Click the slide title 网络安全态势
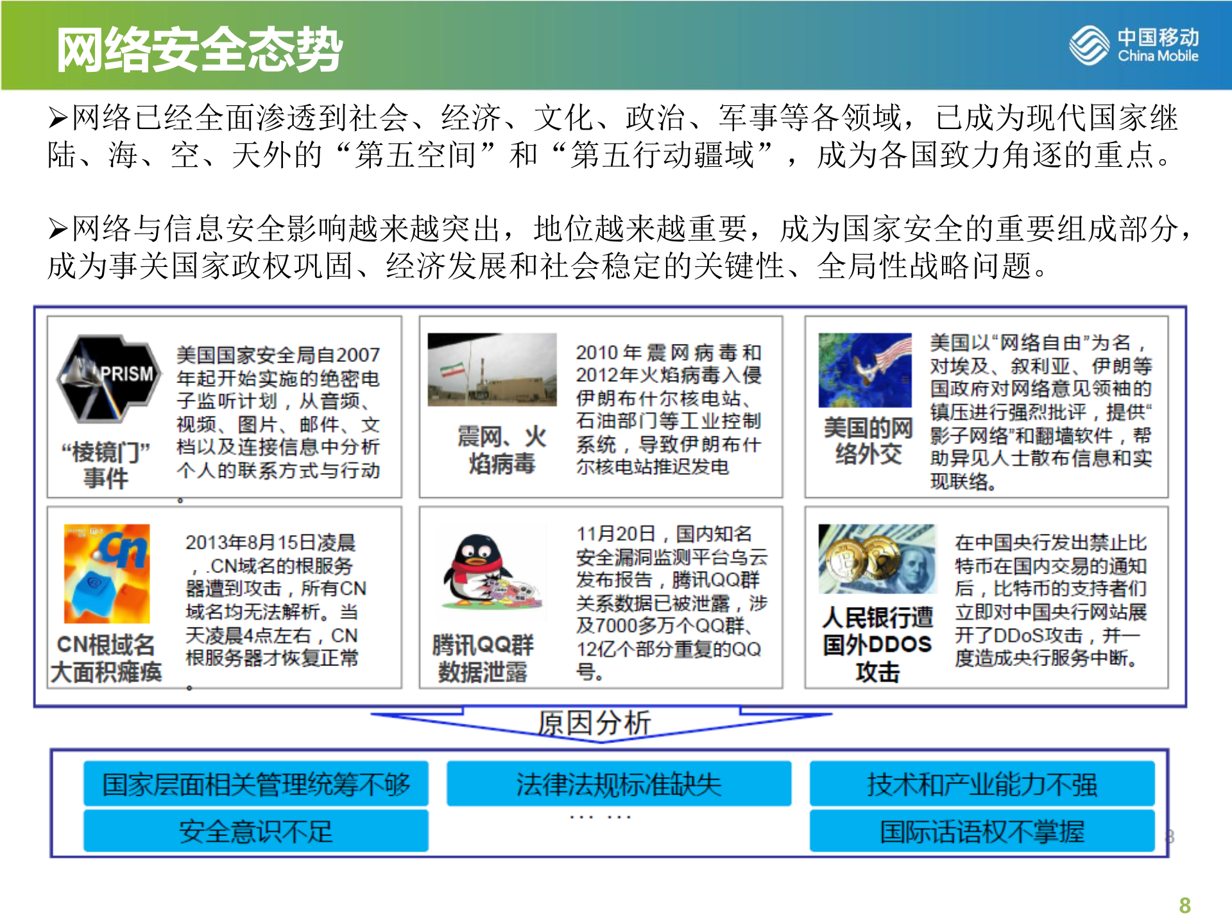[x=200, y=49]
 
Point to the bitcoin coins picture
[x=877, y=559]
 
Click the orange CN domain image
[x=107, y=573]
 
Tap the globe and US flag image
[x=865, y=370]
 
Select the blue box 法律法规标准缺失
[x=619, y=783]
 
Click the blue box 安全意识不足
[x=255, y=831]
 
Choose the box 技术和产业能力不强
[x=982, y=783]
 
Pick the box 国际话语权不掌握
[x=982, y=831]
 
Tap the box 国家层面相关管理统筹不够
[x=255, y=783]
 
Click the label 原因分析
[x=594, y=723]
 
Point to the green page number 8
[x=1185, y=905]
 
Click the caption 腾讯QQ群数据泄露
[x=483, y=658]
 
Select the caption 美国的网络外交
[x=868, y=441]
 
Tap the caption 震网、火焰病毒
[x=502, y=450]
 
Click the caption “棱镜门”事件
[x=106, y=465]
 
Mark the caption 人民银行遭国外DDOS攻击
[x=877, y=644]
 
